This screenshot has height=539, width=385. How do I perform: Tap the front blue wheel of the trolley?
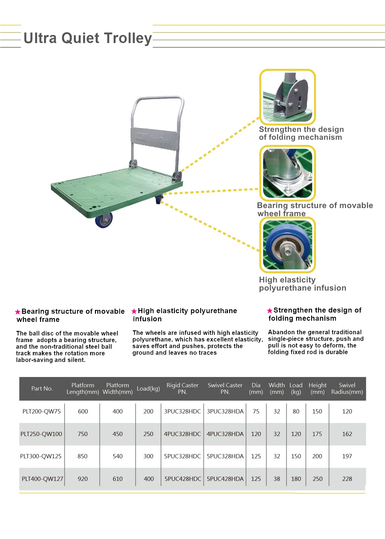pyautogui.click(x=104, y=220)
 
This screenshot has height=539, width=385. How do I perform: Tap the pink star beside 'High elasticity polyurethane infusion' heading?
pyautogui.click(x=134, y=311)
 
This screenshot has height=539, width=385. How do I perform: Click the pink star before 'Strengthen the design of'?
pyautogui.click(x=270, y=311)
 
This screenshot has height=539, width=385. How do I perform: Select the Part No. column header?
pyautogui.click(x=42, y=388)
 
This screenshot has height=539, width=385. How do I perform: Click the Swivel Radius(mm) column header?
pyautogui.click(x=347, y=388)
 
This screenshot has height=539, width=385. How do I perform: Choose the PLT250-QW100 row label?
pyautogui.click(x=41, y=434)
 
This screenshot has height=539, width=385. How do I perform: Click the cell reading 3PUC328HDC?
pyautogui.click(x=182, y=411)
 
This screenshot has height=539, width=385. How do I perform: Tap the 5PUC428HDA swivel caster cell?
pyautogui.click(x=225, y=479)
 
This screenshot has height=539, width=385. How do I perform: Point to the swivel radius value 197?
pyautogui.click(x=347, y=456)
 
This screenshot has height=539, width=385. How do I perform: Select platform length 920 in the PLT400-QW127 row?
pyautogui.click(x=83, y=479)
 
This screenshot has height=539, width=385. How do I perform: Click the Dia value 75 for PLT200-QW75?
pyautogui.click(x=256, y=411)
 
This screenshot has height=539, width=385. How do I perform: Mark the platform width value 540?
pyautogui.click(x=118, y=456)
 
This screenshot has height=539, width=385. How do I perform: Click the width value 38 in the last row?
pyautogui.click(x=277, y=479)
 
